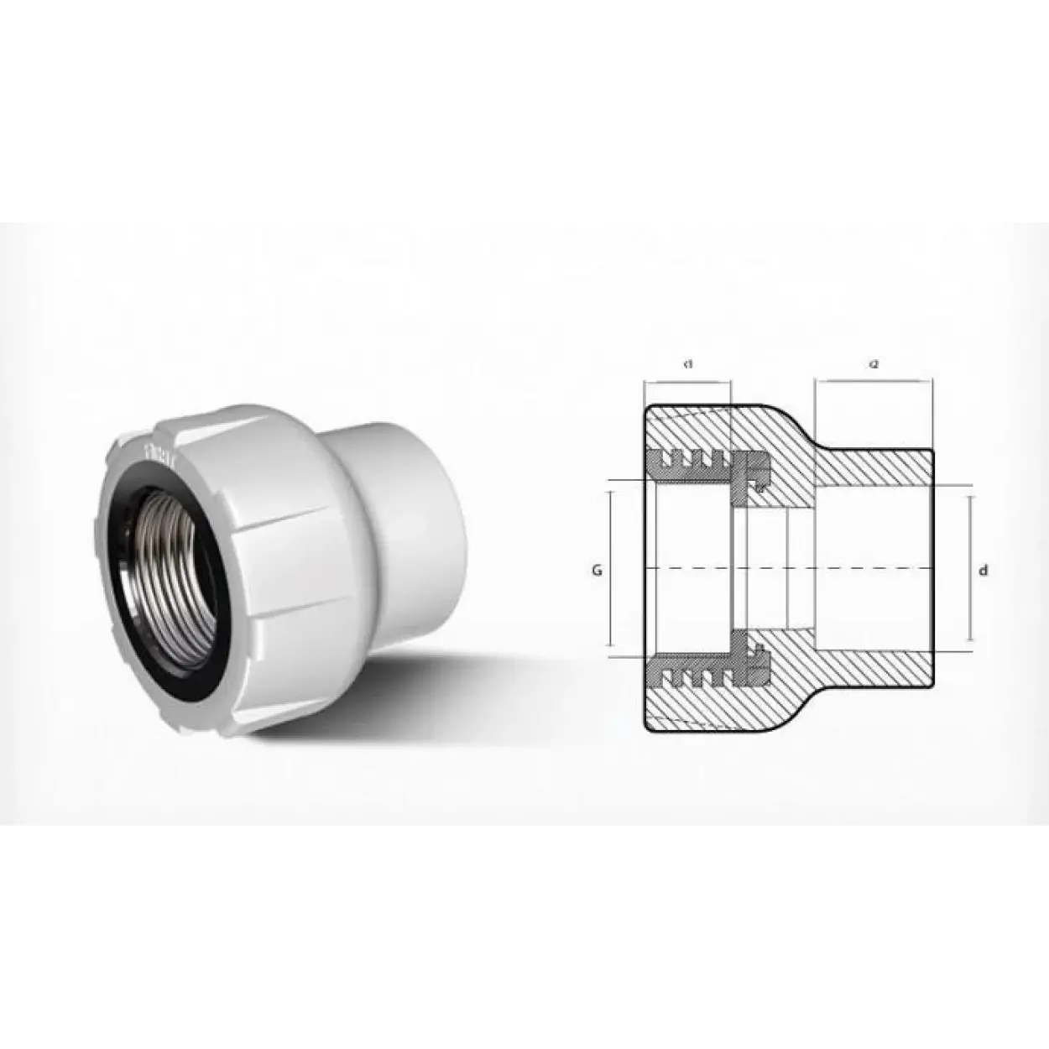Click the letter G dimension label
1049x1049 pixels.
[x=597, y=571]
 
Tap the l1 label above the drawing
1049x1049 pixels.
[x=687, y=364]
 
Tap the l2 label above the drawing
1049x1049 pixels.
[x=873, y=364]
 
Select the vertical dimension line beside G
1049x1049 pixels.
[x=611, y=571]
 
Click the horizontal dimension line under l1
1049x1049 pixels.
[x=687, y=383]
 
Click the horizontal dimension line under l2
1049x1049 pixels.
[x=873, y=383]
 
